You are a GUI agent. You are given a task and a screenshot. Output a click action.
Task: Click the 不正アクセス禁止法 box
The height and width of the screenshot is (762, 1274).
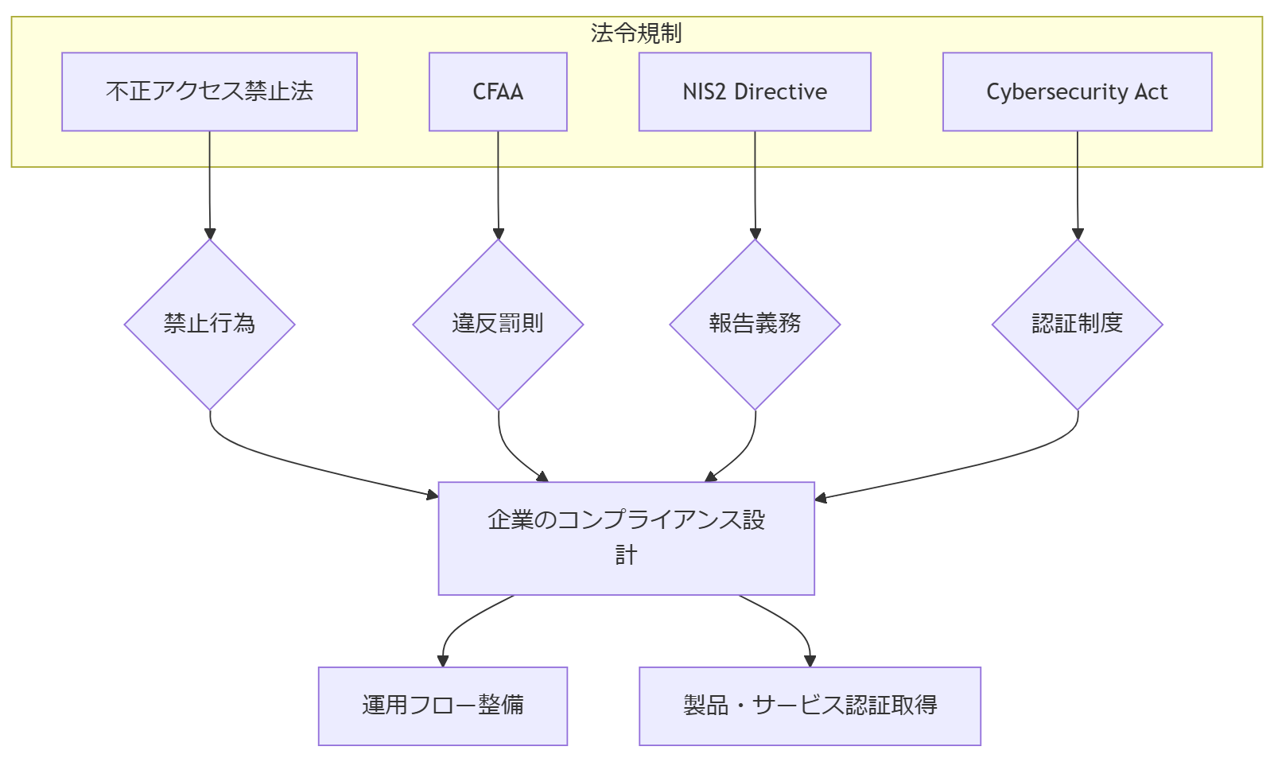[x=209, y=91]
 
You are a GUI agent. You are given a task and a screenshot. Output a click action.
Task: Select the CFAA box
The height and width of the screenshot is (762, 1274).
[x=498, y=91]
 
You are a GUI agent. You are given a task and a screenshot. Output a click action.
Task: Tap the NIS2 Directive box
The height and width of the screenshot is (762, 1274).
[x=755, y=91]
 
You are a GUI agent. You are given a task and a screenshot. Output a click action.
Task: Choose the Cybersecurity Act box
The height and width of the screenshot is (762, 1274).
[x=1077, y=91]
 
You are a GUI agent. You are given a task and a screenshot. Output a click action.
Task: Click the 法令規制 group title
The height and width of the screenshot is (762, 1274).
[x=636, y=33]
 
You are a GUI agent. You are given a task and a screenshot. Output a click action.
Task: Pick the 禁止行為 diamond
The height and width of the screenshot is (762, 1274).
[x=209, y=324]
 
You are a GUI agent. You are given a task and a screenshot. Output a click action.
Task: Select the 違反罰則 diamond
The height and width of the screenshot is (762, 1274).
[x=498, y=324]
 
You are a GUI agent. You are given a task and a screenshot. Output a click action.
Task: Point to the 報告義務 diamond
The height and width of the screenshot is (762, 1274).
[x=755, y=324]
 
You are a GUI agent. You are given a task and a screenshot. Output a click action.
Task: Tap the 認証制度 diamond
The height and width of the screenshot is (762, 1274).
[x=1077, y=324]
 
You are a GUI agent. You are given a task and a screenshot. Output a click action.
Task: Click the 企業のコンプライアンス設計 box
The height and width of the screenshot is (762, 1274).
[x=626, y=538]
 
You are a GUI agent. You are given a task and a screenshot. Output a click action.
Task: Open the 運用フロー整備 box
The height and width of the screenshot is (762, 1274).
[x=442, y=706]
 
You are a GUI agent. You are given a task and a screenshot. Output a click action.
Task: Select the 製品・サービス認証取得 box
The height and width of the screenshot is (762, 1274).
[x=810, y=706]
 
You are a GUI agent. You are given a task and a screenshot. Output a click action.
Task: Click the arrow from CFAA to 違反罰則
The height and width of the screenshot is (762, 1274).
[x=498, y=187]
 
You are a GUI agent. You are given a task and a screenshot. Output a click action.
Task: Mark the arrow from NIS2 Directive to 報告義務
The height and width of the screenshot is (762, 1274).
[x=755, y=187]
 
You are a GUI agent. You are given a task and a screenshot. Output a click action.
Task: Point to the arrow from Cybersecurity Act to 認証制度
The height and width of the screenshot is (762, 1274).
[x=1078, y=187]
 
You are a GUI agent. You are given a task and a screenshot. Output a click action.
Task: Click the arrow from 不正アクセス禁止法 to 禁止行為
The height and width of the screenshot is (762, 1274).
[x=210, y=187]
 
